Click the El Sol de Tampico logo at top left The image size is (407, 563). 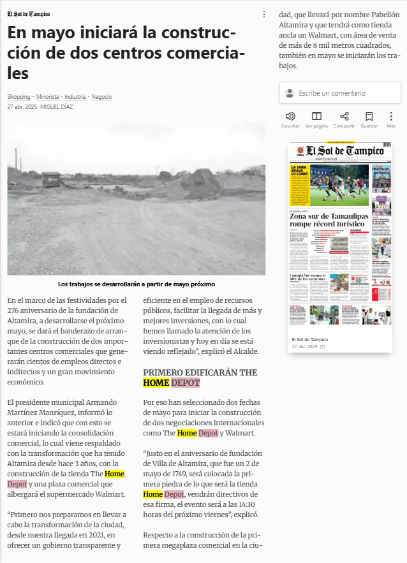tap(28, 14)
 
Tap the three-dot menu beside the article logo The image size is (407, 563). tap(264, 14)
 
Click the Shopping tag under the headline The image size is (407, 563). tap(18, 97)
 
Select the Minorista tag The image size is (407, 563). tap(48, 97)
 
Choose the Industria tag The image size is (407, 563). tap(75, 97)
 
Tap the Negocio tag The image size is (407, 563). tap(101, 97)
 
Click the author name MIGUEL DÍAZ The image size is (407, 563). tap(57, 107)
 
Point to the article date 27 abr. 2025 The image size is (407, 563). tap(22, 107)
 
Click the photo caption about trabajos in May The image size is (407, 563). tap(137, 284)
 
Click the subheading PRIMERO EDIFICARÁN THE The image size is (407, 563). tap(200, 372)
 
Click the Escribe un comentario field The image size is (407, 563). tap(340, 93)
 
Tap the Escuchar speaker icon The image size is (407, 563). tap(290, 117)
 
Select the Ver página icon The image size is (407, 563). tap(316, 117)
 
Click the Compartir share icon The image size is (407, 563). tap(344, 117)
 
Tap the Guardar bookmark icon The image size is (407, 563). tap(369, 117)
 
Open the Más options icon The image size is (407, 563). tap(391, 117)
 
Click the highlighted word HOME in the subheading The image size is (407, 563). tap(156, 383)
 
